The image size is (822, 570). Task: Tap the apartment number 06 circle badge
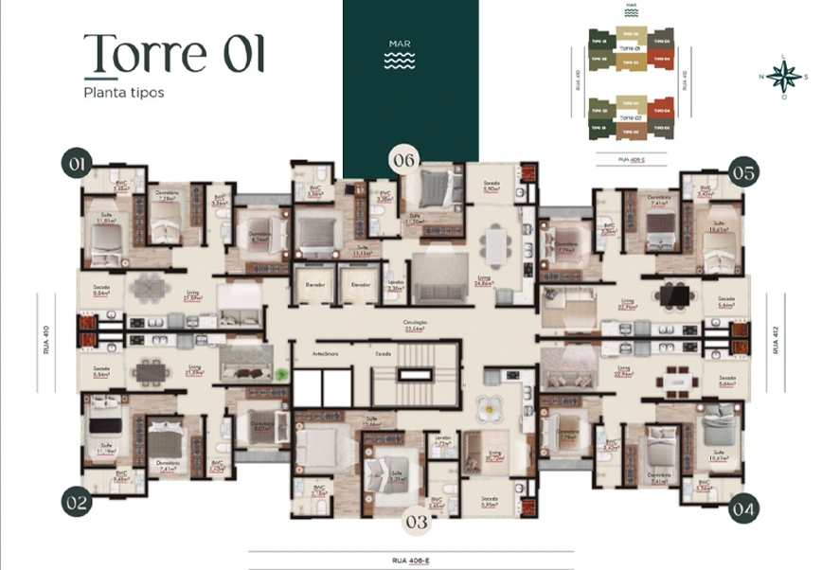[404, 160]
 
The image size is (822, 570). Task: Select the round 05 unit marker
[743, 172]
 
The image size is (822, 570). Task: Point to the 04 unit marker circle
[743, 508]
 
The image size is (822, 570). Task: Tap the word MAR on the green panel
[400, 44]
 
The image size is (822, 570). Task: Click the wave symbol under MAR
[400, 61]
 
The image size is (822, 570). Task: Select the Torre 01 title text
[173, 53]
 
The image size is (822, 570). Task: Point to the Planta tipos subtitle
[122, 93]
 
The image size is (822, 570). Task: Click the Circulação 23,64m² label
[416, 324]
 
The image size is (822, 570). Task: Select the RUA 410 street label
[46, 341]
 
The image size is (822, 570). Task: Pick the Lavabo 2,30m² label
[395, 286]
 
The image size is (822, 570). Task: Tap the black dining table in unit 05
[674, 295]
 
